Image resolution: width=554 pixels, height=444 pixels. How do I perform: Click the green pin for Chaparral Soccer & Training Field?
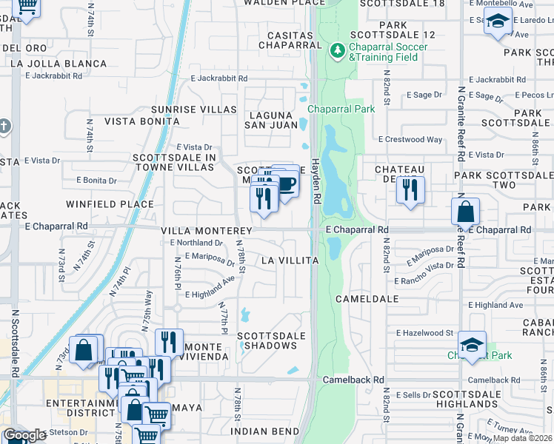[337, 51]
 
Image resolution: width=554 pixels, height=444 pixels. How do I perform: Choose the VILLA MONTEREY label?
[208, 231]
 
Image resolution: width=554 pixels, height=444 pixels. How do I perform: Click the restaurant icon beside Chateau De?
[408, 189]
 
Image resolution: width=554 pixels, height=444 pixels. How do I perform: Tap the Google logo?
[25, 435]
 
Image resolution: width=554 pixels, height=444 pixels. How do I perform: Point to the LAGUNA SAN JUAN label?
[271, 120]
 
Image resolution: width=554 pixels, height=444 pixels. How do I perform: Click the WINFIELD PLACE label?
[110, 203]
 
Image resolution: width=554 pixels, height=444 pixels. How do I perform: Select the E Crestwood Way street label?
[410, 139]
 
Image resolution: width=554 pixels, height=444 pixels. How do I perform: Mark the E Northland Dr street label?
[196, 242]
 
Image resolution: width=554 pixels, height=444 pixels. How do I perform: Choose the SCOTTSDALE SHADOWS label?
[271, 340]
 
